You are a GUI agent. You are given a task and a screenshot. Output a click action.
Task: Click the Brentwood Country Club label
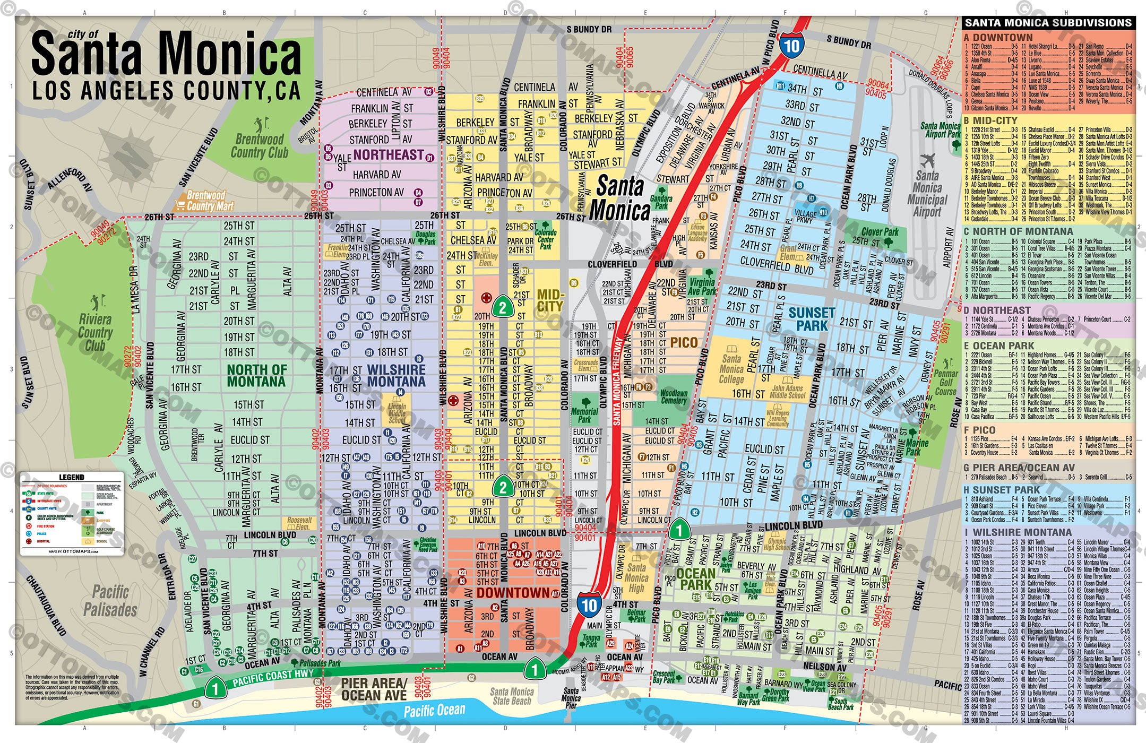click(259, 146)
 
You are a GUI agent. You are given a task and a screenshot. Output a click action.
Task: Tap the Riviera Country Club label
click(96, 332)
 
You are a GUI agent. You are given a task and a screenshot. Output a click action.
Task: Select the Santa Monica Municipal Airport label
click(927, 194)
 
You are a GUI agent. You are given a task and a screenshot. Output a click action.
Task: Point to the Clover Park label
click(880, 232)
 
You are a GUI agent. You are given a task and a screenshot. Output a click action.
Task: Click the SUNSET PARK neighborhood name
click(812, 319)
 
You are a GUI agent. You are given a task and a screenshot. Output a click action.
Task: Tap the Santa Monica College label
click(731, 369)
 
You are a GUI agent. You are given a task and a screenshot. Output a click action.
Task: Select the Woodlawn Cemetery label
click(674, 397)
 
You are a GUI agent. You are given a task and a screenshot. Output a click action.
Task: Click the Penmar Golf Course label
click(945, 382)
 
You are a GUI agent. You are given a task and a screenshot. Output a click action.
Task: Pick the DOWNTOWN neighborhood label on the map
click(513, 593)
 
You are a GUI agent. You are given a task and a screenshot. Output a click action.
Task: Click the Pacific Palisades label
click(110, 601)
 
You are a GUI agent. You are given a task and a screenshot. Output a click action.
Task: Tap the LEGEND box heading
click(71, 477)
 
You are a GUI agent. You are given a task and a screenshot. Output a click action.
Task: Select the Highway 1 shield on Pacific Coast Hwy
click(215, 689)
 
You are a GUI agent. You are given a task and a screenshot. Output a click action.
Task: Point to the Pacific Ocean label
click(434, 710)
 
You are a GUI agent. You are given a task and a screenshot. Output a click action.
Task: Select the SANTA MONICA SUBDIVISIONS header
click(1048, 23)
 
